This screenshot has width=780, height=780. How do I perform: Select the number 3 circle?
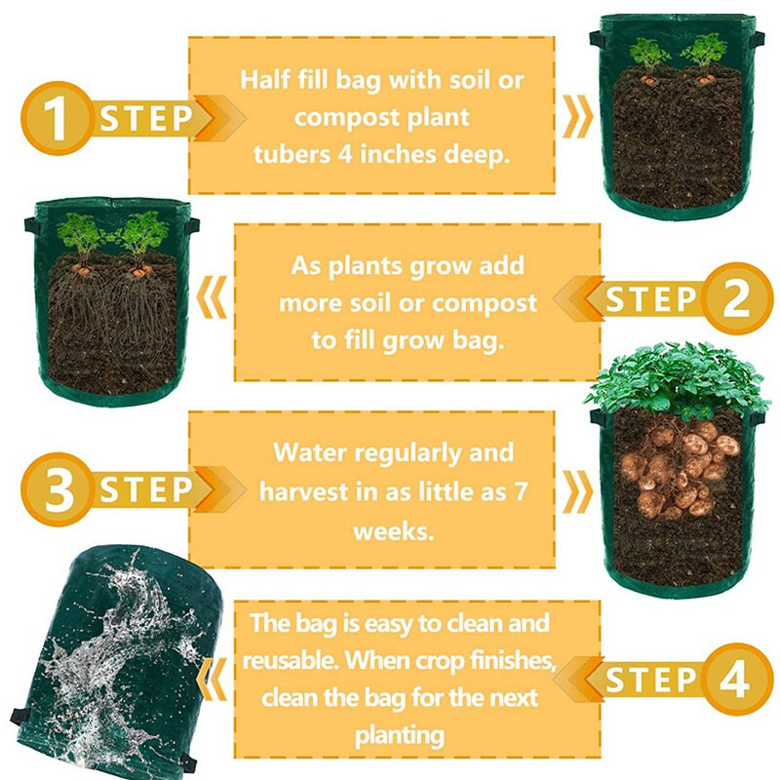pos(58,490)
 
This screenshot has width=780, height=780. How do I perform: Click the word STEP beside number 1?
pos(146,119)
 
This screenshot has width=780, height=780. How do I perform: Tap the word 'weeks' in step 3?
pos(388,529)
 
